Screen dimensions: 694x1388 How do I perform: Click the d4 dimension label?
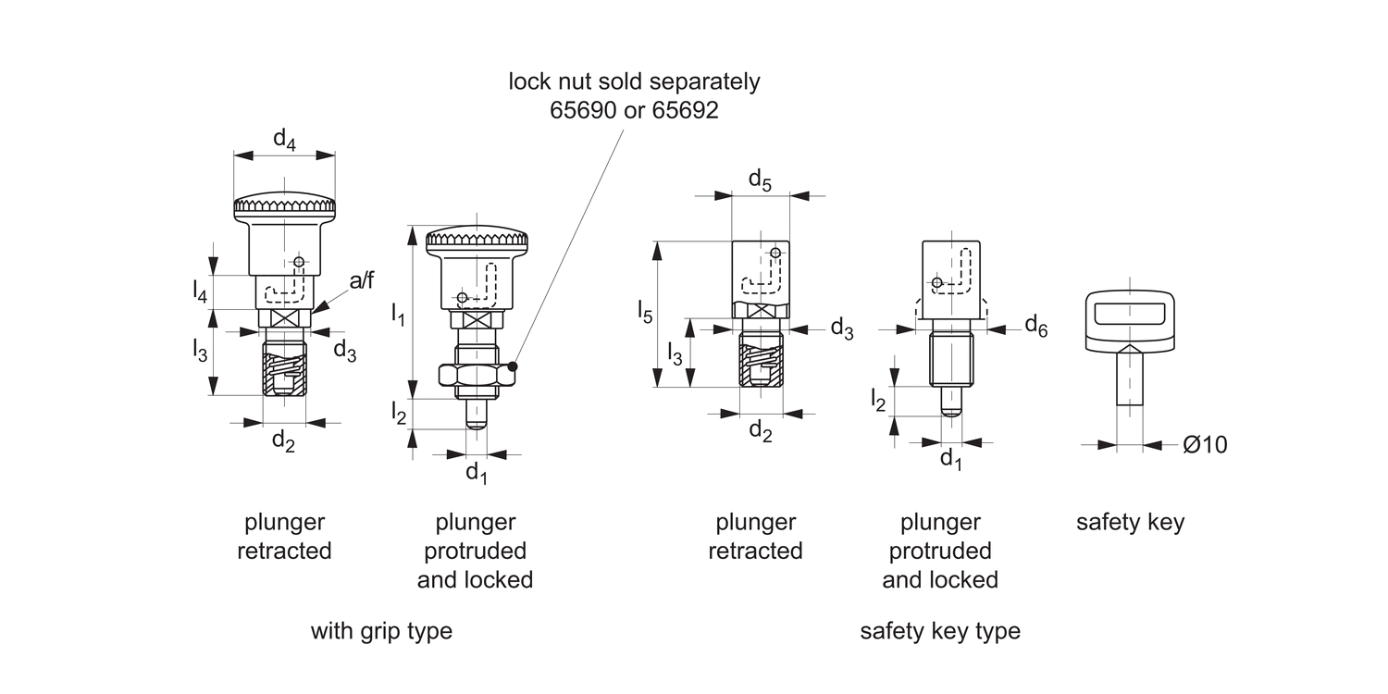click(x=284, y=140)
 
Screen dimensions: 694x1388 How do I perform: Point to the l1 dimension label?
click(x=398, y=316)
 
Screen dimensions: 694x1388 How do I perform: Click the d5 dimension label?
click(x=760, y=180)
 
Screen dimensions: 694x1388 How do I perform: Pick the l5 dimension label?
click(x=645, y=312)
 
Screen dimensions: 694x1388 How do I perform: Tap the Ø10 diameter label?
click(x=1205, y=445)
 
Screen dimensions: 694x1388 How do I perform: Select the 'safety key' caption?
click(x=1130, y=522)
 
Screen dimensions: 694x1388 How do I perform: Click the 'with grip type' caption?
click(x=381, y=631)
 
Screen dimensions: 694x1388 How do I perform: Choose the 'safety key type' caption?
click(x=940, y=631)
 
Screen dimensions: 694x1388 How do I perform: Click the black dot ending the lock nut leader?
click(x=513, y=367)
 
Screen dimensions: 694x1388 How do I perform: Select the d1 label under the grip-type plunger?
click(x=476, y=473)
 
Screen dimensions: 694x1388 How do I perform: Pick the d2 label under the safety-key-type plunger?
click(x=760, y=430)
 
